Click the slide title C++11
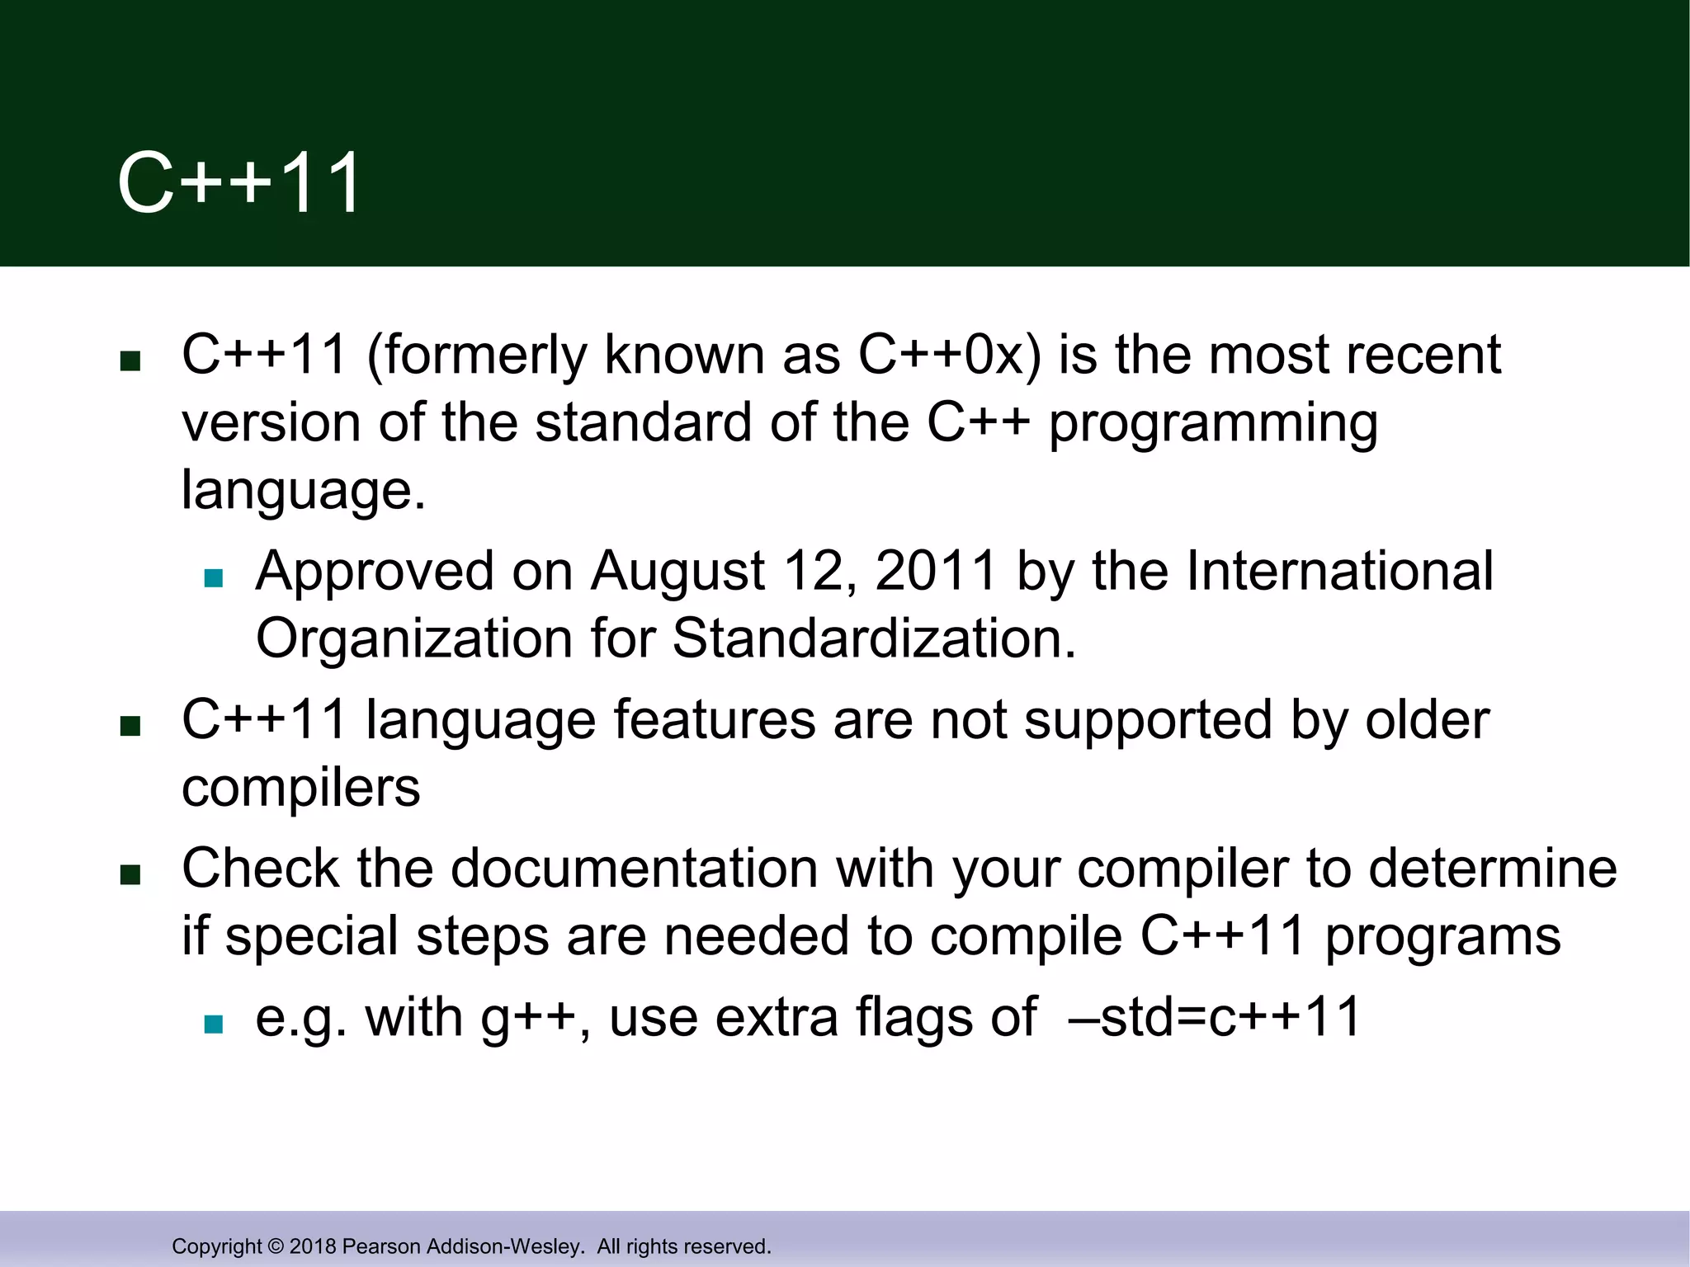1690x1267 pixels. (x=239, y=183)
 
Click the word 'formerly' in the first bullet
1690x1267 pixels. (x=484, y=356)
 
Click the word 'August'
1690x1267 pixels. (x=677, y=572)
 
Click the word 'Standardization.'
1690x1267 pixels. (x=875, y=638)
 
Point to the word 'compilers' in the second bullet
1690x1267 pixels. (x=301, y=789)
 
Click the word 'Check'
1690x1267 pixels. (x=260, y=869)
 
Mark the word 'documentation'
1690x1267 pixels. (x=634, y=869)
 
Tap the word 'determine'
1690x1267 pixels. (x=1493, y=869)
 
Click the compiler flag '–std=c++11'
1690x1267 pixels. (x=1214, y=1018)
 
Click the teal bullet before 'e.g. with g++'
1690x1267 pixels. (x=214, y=1024)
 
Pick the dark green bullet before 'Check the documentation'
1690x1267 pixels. (x=130, y=874)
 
